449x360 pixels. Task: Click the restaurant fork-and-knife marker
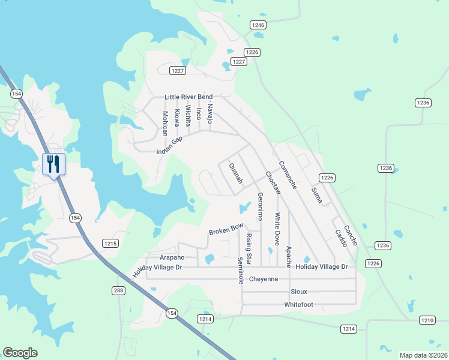pyautogui.click(x=53, y=164)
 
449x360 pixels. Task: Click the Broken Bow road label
pyautogui.click(x=226, y=230)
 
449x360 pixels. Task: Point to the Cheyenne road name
pyautogui.click(x=264, y=279)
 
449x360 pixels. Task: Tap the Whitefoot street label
pyautogui.click(x=298, y=305)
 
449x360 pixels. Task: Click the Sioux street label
pyautogui.click(x=298, y=292)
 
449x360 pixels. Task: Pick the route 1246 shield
pyautogui.click(x=258, y=25)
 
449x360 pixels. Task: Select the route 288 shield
pyautogui.click(x=118, y=290)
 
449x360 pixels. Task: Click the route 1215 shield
pyautogui.click(x=110, y=244)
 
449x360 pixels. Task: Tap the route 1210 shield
pyautogui.click(x=427, y=320)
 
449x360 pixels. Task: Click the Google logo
pyautogui.click(x=20, y=353)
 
